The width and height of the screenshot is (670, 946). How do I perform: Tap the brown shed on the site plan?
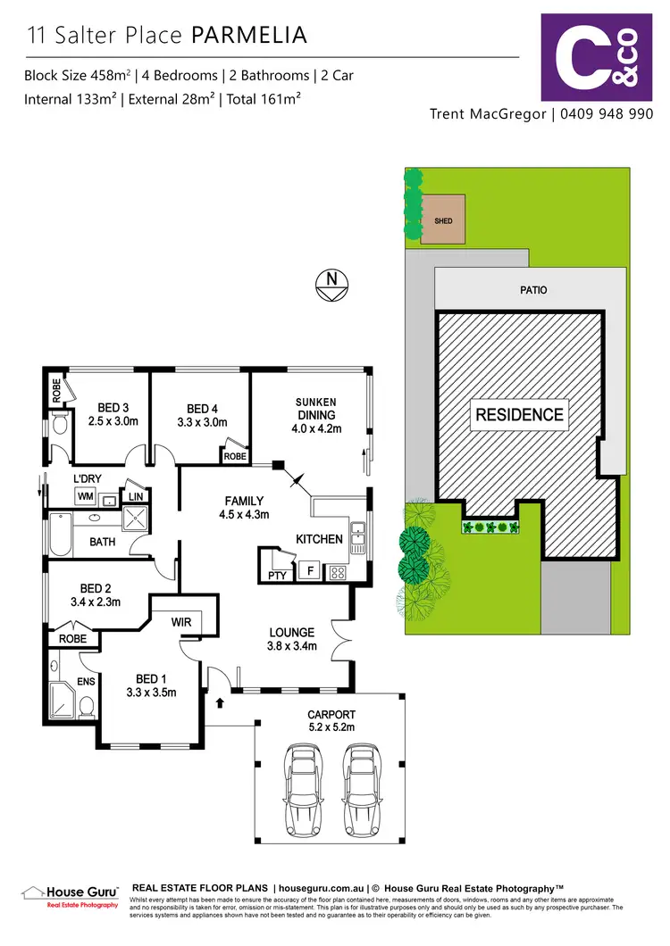coord(443,220)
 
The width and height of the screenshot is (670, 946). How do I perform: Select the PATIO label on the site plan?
coord(532,290)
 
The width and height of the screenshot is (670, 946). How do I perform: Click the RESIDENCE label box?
coord(519,415)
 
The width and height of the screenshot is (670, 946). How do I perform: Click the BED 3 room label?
coord(113,409)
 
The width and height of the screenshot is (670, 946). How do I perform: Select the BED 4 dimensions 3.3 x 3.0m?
coord(203,422)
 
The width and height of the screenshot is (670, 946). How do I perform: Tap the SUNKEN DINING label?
coord(316,409)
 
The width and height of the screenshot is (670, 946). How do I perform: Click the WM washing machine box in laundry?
coord(87,495)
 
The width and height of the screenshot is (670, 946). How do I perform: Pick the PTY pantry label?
coord(277,576)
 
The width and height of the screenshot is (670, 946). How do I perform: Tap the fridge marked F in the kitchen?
coord(310,570)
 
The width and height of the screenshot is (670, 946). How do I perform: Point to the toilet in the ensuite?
coord(87,708)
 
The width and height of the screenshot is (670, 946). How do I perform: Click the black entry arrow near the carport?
coord(219,704)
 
